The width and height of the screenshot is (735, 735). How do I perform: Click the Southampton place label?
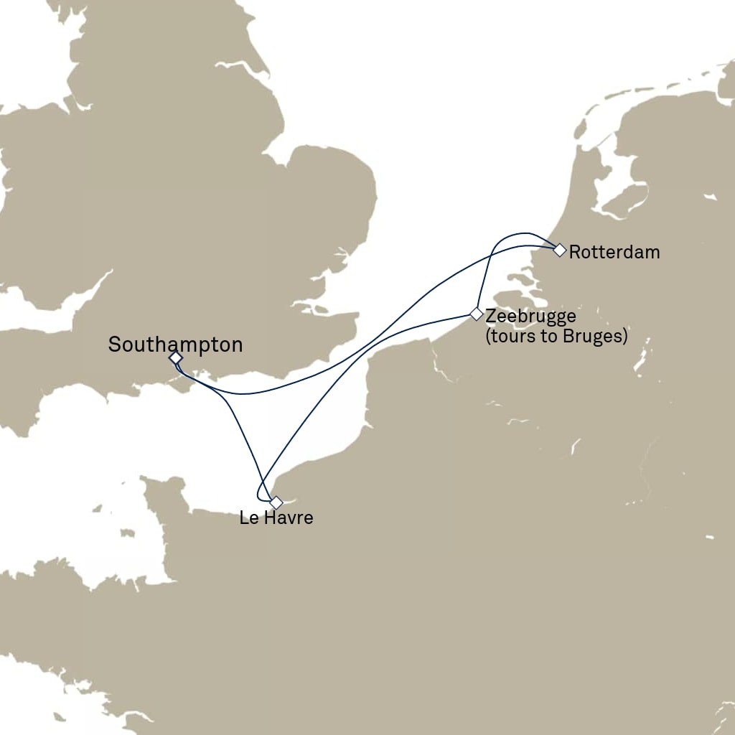(x=175, y=345)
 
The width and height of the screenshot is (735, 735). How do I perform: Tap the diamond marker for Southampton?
(x=175, y=357)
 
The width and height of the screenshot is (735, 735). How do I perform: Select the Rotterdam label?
(x=614, y=253)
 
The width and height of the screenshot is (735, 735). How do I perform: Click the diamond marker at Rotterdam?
(x=559, y=250)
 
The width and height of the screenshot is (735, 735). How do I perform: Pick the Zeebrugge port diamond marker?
(x=476, y=314)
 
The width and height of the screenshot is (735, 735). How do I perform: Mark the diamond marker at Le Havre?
(x=276, y=502)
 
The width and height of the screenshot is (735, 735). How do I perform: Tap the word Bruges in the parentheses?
(x=595, y=336)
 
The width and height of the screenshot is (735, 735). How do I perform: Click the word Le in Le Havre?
(x=248, y=518)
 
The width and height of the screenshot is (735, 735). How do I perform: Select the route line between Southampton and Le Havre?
(x=237, y=416)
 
